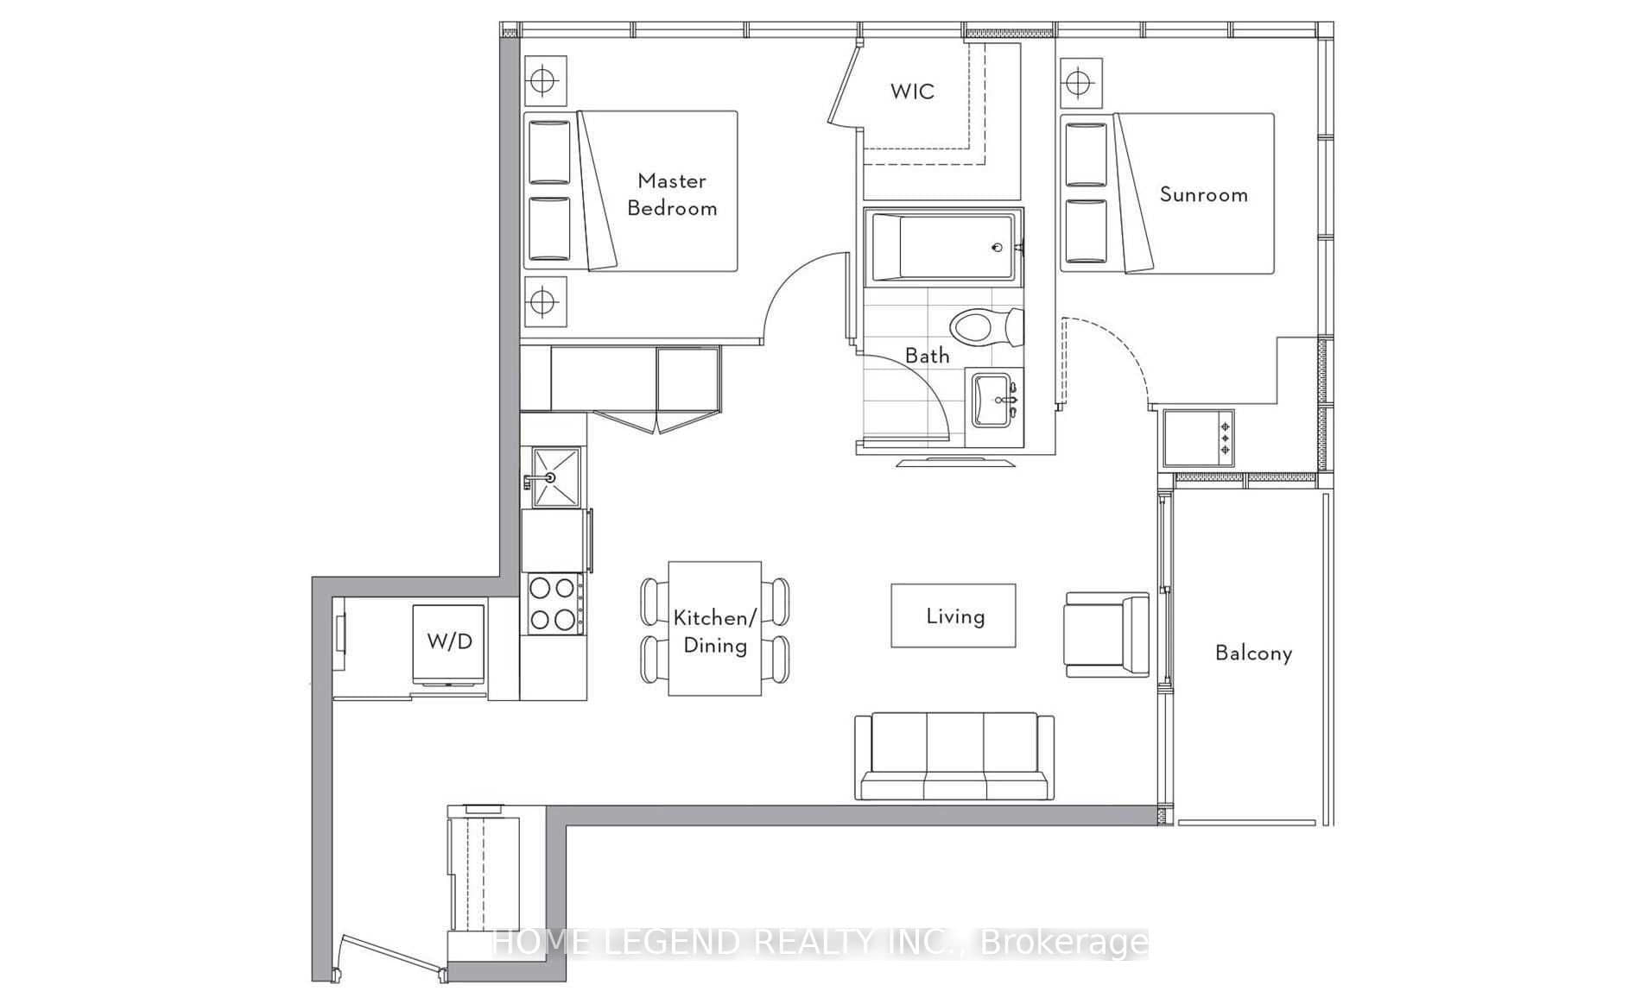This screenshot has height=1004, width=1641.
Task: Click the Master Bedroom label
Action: click(672, 194)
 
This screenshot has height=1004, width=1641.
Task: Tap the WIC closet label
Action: click(912, 92)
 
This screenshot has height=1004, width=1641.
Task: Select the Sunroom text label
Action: click(1203, 194)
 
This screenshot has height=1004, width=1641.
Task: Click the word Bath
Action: click(927, 356)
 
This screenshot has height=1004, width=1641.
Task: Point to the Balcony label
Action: click(1253, 653)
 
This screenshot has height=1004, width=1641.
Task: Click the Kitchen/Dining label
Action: click(714, 631)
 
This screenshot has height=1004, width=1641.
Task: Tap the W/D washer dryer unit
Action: click(449, 643)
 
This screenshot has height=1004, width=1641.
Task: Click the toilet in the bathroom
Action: click(985, 327)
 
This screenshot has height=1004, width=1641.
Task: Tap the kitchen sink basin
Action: click(555, 476)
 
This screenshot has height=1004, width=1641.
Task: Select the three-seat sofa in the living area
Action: click(954, 756)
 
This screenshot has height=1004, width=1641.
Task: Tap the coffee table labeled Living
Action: click(954, 616)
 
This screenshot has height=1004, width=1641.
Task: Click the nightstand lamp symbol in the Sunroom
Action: click(1080, 84)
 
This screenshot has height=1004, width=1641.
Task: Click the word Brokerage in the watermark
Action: click(1065, 943)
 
